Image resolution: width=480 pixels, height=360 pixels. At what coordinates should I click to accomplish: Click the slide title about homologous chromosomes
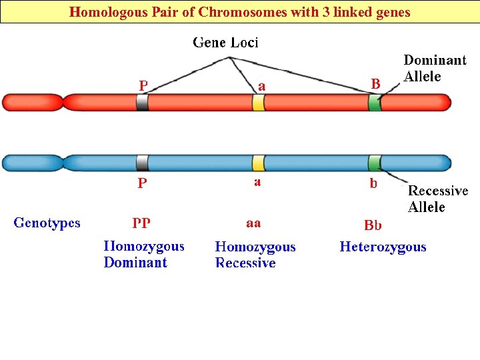click(240, 12)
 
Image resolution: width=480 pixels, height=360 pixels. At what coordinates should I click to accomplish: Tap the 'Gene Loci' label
click(225, 43)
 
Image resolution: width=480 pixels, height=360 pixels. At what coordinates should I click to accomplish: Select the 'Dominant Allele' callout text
click(435, 68)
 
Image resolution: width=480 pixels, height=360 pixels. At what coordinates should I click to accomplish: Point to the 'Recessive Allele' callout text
click(437, 199)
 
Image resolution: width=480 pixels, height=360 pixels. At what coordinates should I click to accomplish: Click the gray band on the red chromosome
click(142, 102)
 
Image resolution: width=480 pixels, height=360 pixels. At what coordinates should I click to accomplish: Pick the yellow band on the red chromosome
click(259, 102)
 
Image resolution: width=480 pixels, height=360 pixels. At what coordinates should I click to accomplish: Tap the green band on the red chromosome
click(375, 103)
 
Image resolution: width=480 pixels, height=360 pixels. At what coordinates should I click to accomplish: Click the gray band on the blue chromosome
click(142, 163)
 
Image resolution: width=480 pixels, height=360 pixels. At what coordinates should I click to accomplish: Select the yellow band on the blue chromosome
click(259, 163)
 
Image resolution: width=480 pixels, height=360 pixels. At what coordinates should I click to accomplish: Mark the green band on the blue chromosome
click(375, 163)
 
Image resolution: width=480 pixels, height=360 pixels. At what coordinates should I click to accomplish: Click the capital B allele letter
click(375, 84)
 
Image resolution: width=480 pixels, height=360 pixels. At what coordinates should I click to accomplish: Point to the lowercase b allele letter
click(373, 183)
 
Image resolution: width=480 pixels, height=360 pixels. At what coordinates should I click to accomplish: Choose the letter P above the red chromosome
click(143, 85)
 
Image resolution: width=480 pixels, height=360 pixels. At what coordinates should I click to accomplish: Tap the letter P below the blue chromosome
click(142, 183)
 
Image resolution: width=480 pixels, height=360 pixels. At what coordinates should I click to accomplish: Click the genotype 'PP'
click(142, 223)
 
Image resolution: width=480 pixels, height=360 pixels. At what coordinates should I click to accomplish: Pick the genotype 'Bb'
click(373, 225)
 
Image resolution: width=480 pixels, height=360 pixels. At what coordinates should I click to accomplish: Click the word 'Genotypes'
click(47, 223)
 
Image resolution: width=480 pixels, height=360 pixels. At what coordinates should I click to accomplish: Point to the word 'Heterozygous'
click(383, 247)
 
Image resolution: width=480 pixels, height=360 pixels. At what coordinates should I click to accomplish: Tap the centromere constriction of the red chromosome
click(63, 102)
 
